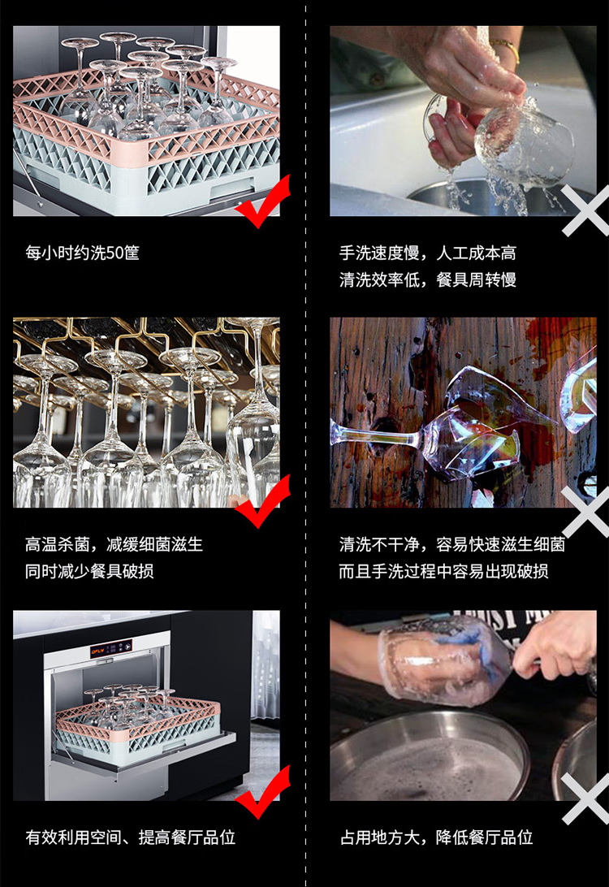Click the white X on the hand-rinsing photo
coord(586,210)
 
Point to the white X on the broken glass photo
coord(586,511)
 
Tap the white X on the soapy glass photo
coord(586,798)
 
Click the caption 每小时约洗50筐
coord(82,253)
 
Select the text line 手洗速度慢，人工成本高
coord(427,253)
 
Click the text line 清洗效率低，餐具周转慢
coord(427,279)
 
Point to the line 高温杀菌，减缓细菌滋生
coord(114,544)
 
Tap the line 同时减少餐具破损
coord(89,571)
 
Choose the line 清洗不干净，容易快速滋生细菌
coord(451,544)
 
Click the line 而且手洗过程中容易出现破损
coord(443,571)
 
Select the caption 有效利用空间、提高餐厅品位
coord(130,837)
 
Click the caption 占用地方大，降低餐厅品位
coord(436,837)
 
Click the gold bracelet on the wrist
coord(505,50)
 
